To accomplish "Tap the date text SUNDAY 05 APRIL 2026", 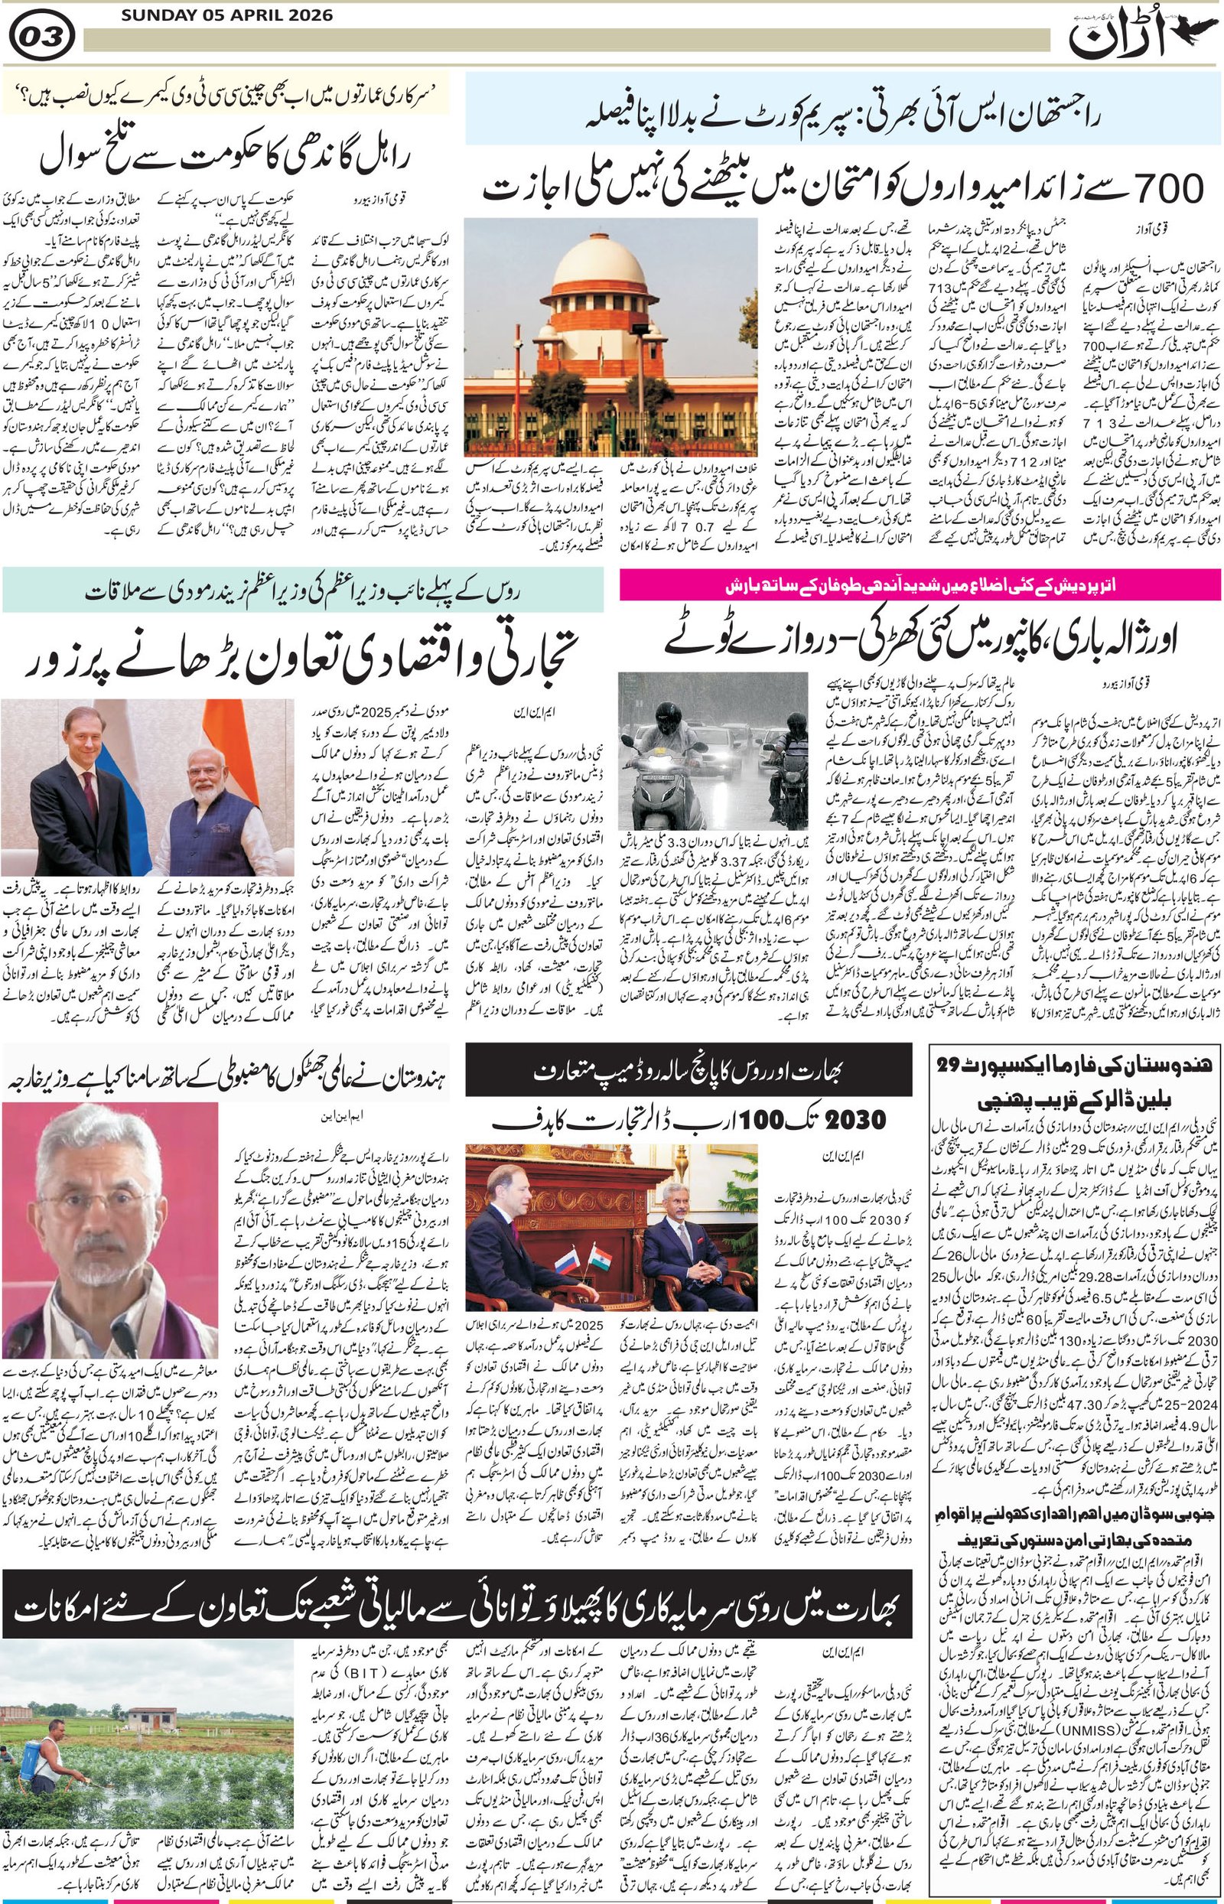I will (227, 15).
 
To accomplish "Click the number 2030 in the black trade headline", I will (855, 1121).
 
